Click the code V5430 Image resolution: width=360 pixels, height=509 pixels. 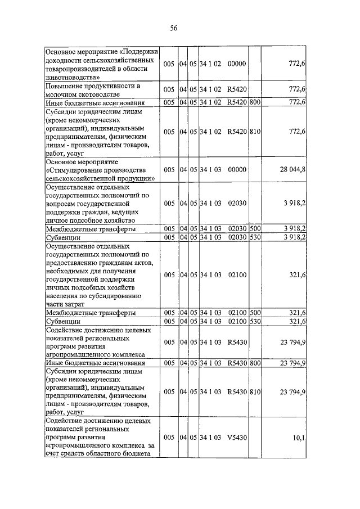click(x=237, y=436)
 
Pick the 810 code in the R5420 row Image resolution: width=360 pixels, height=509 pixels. click(x=255, y=131)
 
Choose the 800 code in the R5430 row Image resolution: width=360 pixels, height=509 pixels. click(x=255, y=363)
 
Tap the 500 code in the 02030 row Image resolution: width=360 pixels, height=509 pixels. click(x=255, y=229)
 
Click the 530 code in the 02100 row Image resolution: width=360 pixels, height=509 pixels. click(x=255, y=321)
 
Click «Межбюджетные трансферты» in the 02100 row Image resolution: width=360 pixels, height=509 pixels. click(x=90, y=313)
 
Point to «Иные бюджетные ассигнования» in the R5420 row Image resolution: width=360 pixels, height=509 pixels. click(x=95, y=103)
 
